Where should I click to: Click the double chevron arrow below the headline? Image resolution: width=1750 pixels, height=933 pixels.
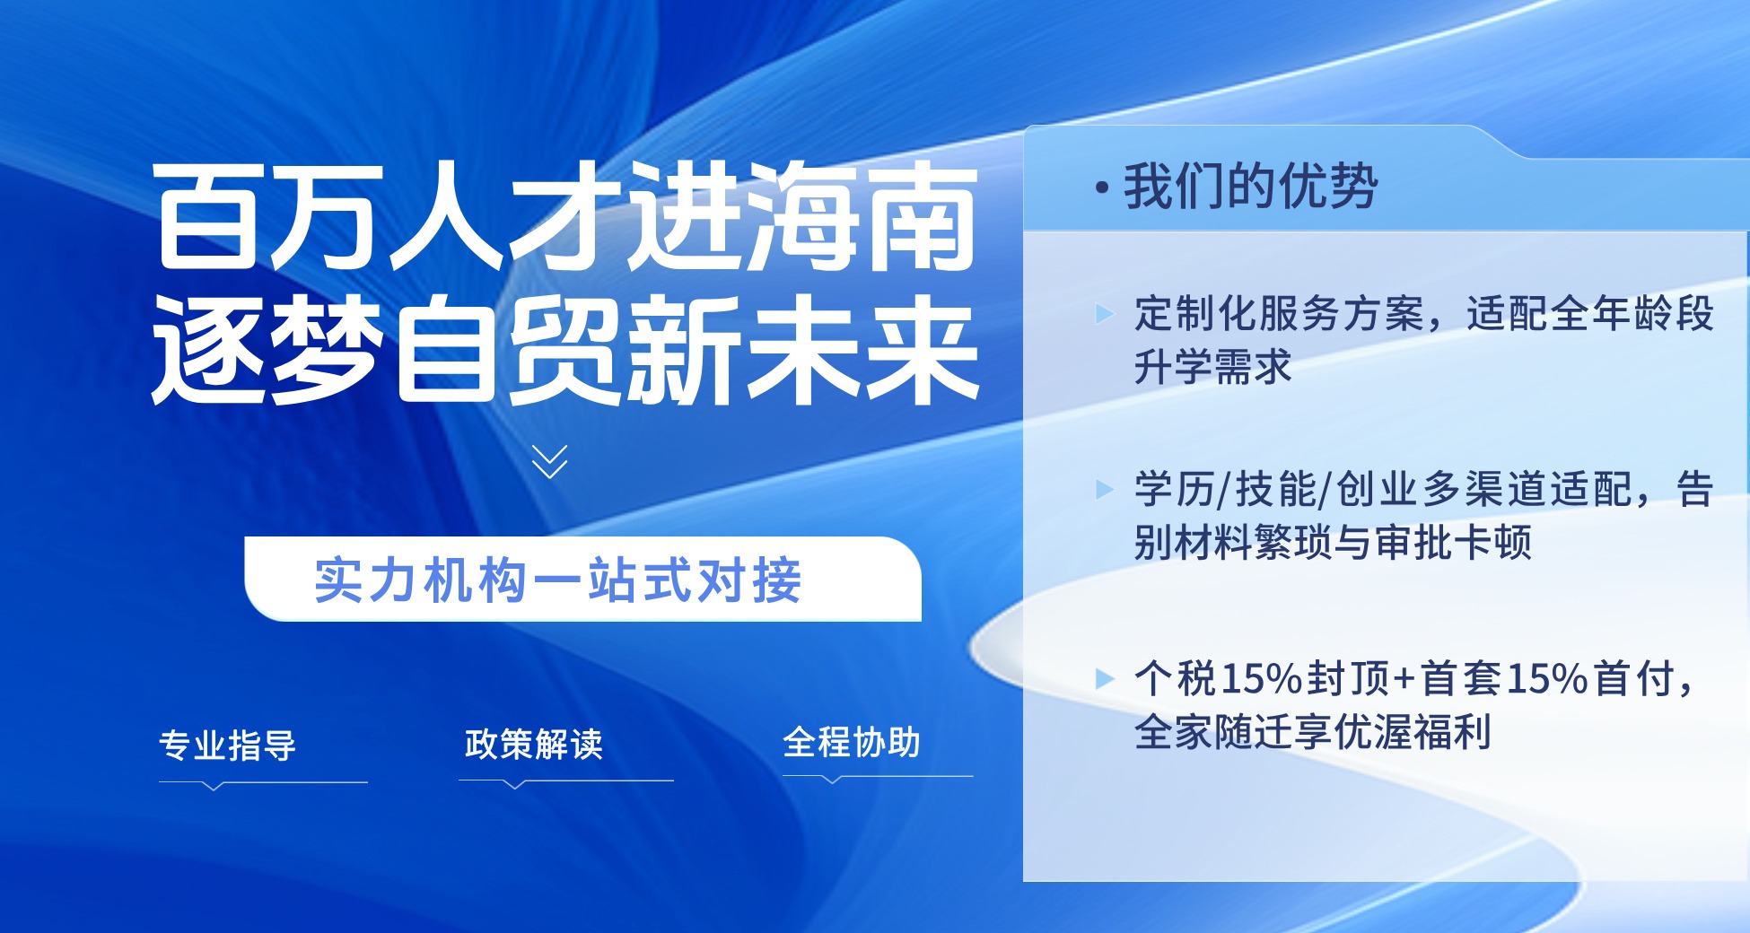[549, 461]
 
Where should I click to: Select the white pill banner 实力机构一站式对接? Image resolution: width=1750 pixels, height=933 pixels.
[583, 579]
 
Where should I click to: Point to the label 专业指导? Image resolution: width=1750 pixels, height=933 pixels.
[228, 746]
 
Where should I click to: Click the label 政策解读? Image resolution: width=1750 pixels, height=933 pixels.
[534, 744]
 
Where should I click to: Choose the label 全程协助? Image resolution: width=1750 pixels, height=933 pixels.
[852, 742]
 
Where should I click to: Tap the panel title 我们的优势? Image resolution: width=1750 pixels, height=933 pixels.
[1250, 187]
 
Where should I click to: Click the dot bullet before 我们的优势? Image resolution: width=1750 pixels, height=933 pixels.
[1102, 188]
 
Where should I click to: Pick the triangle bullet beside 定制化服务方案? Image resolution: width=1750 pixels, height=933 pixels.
[1105, 314]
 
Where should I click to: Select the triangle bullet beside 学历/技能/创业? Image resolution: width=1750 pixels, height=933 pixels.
[1105, 489]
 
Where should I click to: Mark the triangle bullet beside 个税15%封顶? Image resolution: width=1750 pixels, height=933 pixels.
[1105, 678]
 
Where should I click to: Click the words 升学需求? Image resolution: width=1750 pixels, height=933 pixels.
[1212, 367]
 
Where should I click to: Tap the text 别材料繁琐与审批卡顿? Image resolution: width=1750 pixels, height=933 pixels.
[1333, 542]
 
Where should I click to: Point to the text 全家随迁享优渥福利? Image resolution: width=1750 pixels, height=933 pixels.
[1313, 731]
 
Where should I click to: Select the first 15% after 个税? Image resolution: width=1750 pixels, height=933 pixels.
[1262, 679]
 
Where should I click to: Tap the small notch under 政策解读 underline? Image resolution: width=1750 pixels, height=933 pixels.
[514, 785]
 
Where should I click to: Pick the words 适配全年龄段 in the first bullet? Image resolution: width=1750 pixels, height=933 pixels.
[1590, 314]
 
